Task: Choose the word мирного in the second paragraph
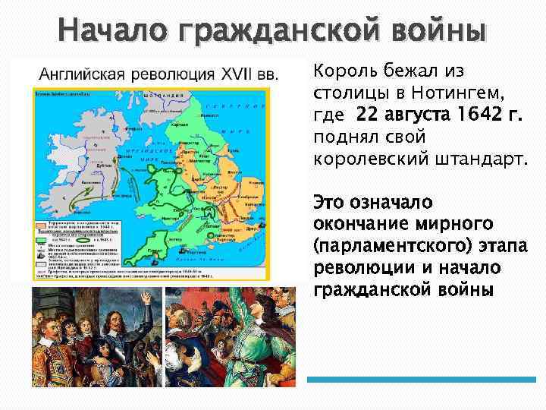tap(460, 225)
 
